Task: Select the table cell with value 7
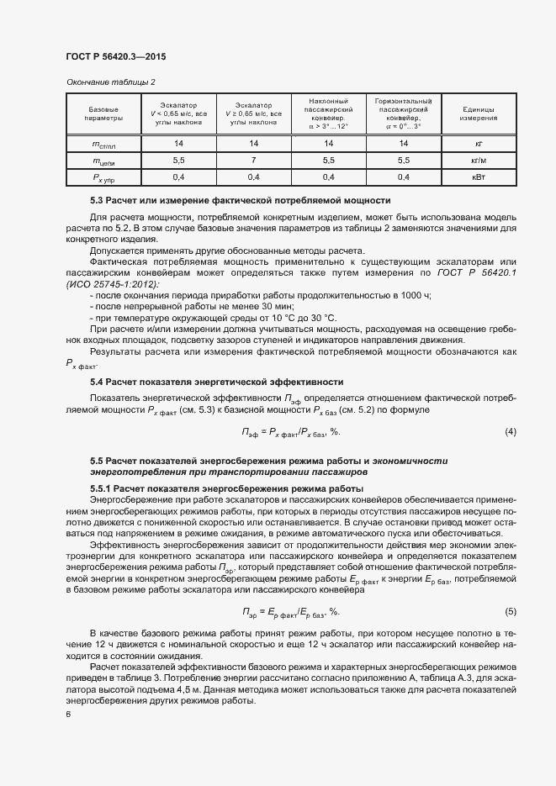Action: tap(253, 160)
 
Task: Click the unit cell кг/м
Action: tap(477, 160)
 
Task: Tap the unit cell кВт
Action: tap(477, 177)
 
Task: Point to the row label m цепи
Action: tap(103, 160)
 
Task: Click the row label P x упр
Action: tap(103, 177)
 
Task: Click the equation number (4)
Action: tap(510, 431)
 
